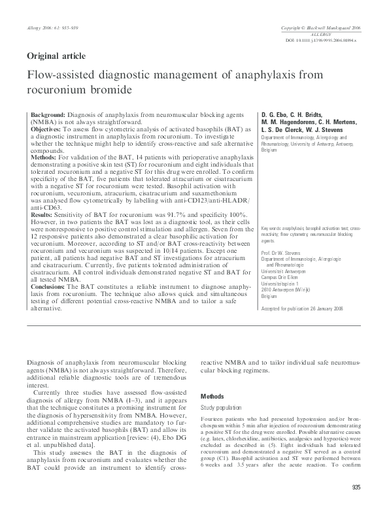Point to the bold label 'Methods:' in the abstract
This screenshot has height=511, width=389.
click(x=43, y=157)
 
